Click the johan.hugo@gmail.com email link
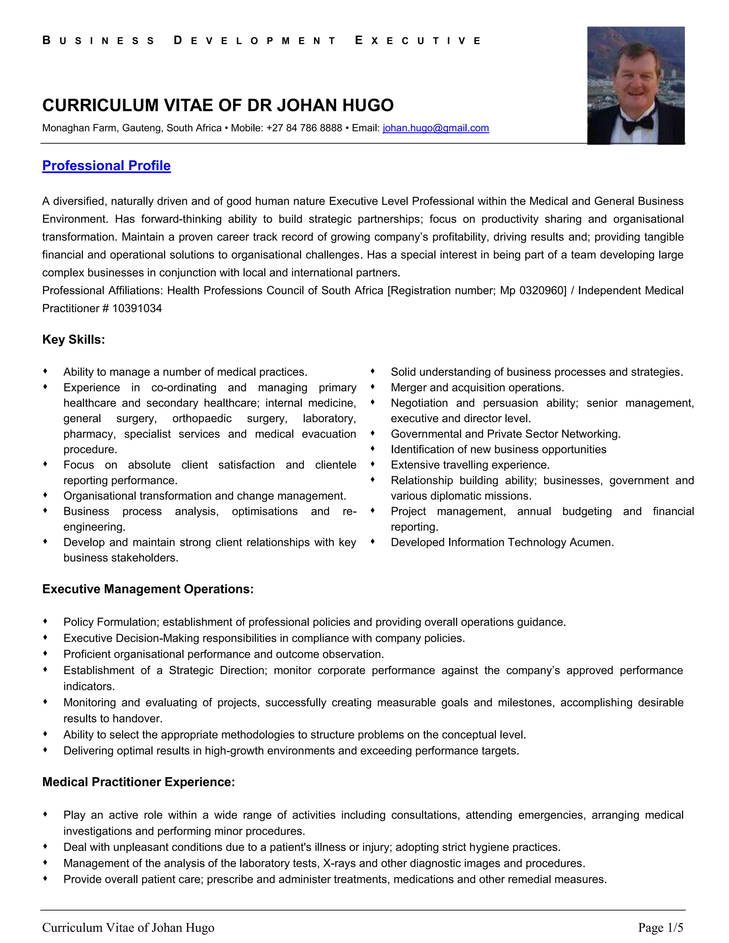[x=435, y=128]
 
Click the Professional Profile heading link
[x=106, y=166]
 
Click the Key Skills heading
[x=73, y=339]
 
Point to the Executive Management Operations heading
[x=148, y=589]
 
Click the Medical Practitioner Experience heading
[x=138, y=782]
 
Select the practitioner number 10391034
[x=137, y=308]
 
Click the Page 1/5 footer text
[x=660, y=927]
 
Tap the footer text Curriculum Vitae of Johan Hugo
[x=128, y=927]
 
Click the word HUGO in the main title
[x=368, y=105]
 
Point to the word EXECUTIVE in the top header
[x=418, y=41]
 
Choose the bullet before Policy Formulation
[x=45, y=621]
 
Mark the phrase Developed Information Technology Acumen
[x=502, y=542]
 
